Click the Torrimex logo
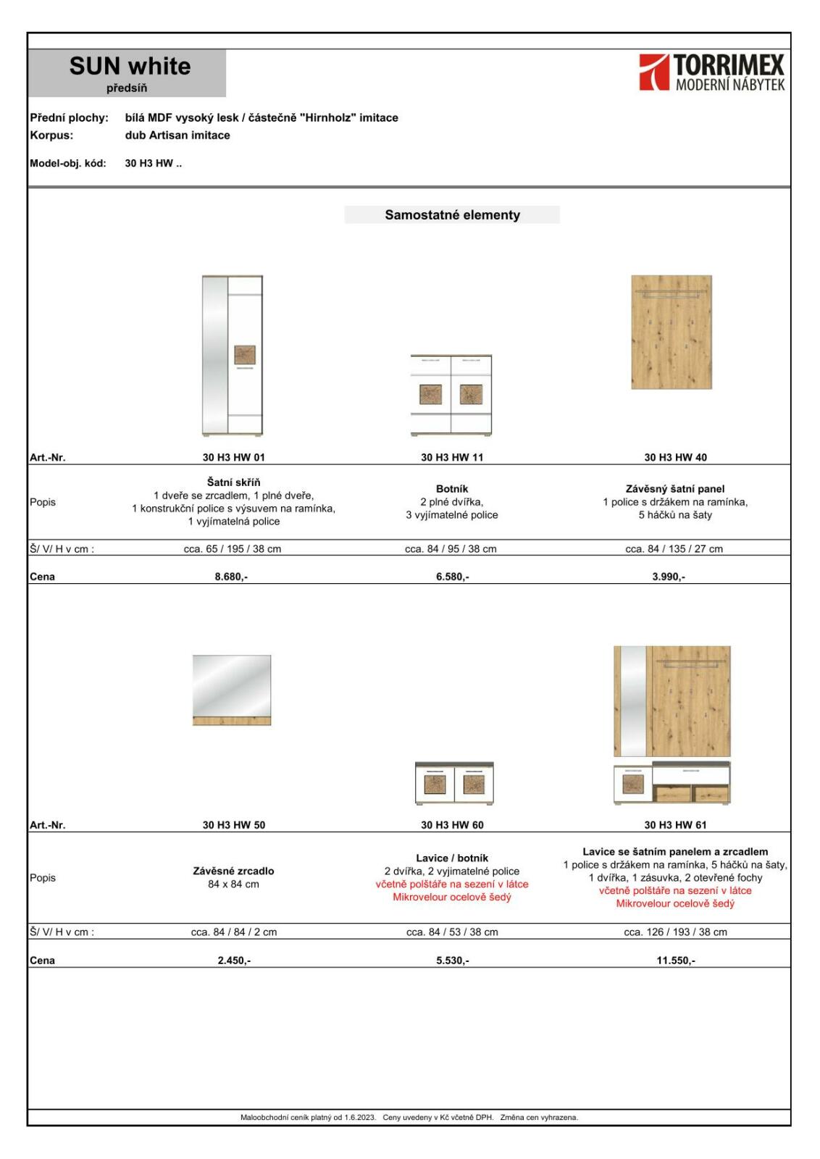click(711, 72)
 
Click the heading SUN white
click(130, 67)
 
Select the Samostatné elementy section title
click(452, 215)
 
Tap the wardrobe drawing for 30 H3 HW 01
click(233, 355)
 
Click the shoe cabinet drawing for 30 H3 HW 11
click(451, 395)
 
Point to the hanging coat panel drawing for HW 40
click(672, 332)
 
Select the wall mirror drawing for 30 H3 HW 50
click(232, 690)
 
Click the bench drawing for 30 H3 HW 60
click(454, 783)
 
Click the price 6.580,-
click(452, 577)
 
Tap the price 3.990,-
click(669, 577)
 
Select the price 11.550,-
click(675, 961)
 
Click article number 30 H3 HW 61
click(675, 825)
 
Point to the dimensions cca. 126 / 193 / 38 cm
click(675, 932)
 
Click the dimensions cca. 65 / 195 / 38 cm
click(232, 549)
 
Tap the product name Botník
click(452, 489)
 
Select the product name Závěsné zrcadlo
click(233, 871)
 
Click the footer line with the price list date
click(409, 1117)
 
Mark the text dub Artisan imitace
click(177, 135)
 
